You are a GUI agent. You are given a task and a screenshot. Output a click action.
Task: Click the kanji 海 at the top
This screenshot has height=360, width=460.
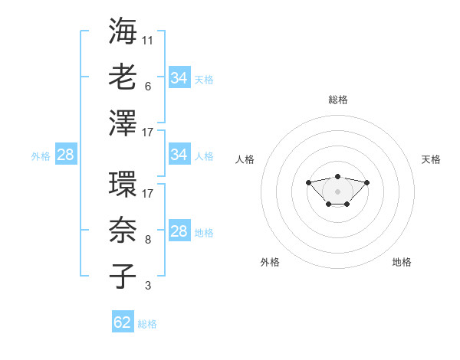click(x=123, y=31)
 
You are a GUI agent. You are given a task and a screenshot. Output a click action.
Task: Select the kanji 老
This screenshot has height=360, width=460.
click(x=123, y=77)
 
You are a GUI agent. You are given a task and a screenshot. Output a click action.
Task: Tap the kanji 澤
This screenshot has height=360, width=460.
click(x=123, y=123)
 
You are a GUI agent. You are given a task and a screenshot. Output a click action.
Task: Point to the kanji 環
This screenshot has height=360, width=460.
click(x=123, y=184)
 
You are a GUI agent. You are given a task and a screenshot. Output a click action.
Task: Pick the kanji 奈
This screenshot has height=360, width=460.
click(x=123, y=230)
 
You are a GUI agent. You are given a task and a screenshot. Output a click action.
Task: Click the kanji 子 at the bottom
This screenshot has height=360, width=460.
click(x=123, y=276)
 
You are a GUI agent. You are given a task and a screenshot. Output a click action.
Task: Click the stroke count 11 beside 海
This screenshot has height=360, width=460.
click(x=147, y=41)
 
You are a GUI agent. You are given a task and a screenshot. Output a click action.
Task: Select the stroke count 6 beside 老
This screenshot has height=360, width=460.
click(x=148, y=87)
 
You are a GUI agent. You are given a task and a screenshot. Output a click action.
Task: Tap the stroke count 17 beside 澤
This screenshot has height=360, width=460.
click(x=147, y=133)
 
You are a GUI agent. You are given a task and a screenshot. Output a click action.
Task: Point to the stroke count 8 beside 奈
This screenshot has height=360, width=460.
click(x=148, y=240)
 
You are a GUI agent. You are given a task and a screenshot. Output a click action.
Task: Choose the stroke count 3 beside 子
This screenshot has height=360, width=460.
click(x=148, y=286)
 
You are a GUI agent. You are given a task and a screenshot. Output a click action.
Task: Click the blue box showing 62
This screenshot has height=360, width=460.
click(x=123, y=321)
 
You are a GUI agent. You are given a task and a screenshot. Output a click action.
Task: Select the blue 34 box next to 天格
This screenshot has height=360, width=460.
click(x=179, y=77)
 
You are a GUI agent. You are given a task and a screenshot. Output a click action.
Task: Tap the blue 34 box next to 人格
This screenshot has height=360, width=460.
click(x=179, y=154)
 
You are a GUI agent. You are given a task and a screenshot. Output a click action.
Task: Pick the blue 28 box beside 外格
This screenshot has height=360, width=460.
click(x=66, y=154)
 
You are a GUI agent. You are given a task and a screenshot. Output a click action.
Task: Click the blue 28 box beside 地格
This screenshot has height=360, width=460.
click(x=179, y=230)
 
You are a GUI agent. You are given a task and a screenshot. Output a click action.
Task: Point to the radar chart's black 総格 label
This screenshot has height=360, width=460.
click(x=338, y=100)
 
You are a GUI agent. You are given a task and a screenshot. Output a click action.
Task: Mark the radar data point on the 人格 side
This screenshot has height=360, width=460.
click(x=308, y=182)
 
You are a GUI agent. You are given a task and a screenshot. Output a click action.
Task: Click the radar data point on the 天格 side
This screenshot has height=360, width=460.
click(x=366, y=182)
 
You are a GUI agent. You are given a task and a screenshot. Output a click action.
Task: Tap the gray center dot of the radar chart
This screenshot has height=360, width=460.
click(x=337, y=191)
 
